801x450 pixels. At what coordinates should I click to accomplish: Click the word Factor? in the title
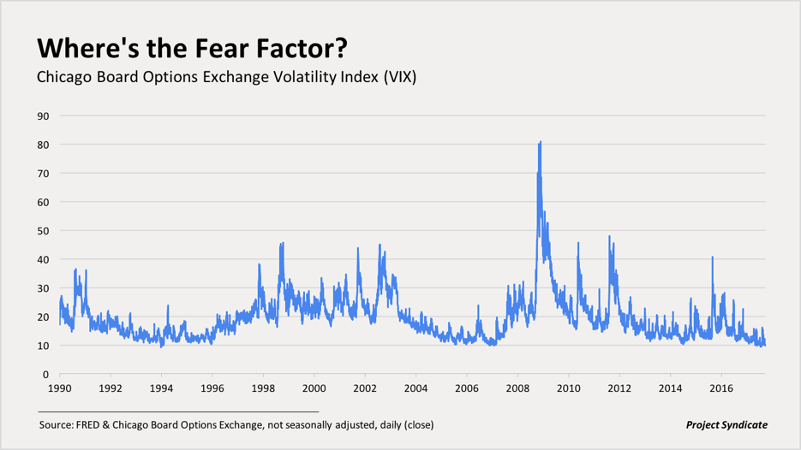pos(302,49)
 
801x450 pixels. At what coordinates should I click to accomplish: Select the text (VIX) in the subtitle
pos(400,77)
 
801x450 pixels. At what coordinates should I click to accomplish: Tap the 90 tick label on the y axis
pos(44,116)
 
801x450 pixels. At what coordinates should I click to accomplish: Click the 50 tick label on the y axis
pos(44,231)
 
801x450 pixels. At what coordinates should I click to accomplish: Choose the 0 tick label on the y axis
pos(46,375)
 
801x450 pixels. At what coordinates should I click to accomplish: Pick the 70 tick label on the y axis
pos(44,174)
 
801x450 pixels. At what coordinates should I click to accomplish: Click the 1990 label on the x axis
pos(60,388)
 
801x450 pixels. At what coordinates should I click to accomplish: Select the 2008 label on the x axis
pos(517,388)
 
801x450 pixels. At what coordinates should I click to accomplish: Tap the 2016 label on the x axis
pos(720,388)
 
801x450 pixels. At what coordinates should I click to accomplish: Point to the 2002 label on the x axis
pos(365,388)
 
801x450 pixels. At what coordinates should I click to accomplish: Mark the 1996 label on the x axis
pos(212,388)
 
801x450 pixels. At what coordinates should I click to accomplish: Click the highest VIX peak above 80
pos(540,142)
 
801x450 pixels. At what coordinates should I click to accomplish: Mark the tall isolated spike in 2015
pos(712,258)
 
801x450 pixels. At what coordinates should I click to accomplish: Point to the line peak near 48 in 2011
pos(609,236)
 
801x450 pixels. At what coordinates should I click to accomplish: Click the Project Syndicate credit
pos(726,425)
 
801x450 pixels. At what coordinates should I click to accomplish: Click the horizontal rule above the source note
pos(178,412)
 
